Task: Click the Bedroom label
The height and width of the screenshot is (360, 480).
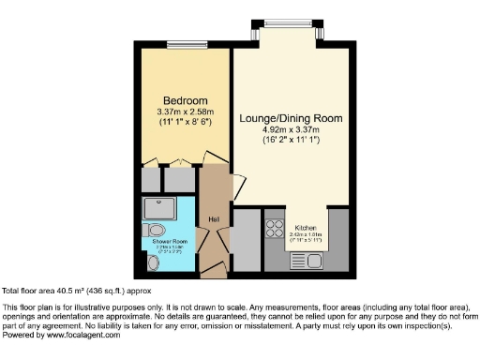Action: click(x=186, y=101)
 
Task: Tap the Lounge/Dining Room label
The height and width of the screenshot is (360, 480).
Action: click(x=291, y=118)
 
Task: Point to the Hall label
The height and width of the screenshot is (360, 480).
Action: click(x=214, y=221)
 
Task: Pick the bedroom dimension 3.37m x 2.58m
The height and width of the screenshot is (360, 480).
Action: click(x=186, y=112)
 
